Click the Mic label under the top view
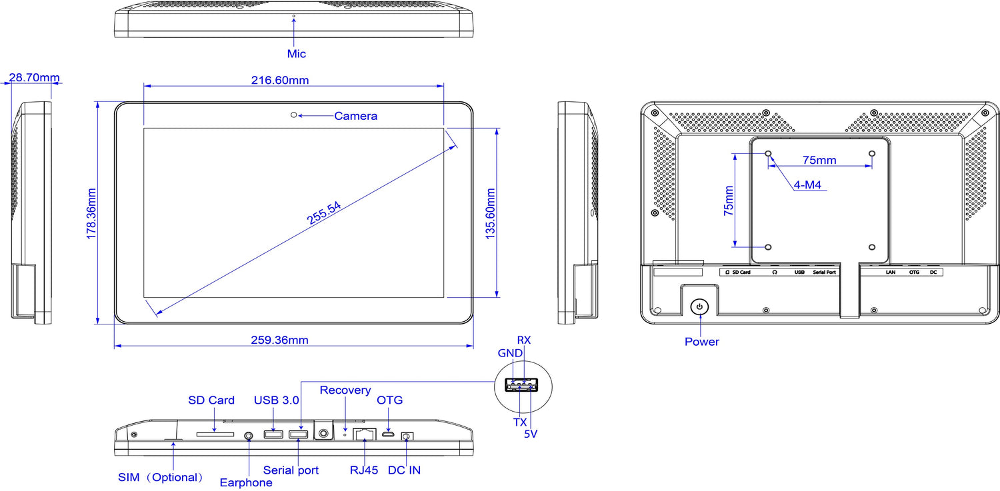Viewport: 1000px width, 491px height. (297, 53)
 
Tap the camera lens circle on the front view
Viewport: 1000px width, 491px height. (293, 115)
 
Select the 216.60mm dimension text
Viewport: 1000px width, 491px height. (280, 80)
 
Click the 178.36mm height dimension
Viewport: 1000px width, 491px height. (92, 213)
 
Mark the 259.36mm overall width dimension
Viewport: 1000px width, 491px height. (280, 340)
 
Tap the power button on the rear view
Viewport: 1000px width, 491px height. (699, 306)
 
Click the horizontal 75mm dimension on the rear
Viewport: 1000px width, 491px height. (819, 160)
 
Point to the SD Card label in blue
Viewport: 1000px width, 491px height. (211, 400)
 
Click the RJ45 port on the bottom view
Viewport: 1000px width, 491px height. (364, 435)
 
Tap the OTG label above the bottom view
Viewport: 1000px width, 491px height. (390, 400)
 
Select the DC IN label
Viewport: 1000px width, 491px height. (405, 470)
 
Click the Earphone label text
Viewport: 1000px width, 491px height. (246, 482)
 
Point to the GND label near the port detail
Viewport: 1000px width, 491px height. (510, 352)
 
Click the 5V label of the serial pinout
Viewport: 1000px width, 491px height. (531, 434)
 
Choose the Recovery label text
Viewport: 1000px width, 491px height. (345, 390)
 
